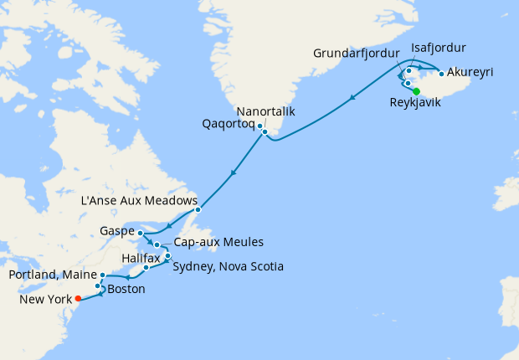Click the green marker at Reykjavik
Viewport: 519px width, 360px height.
point(416,91)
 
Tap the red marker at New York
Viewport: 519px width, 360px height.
point(78,297)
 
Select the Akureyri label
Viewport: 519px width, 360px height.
point(470,72)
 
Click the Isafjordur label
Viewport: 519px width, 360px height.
point(439,48)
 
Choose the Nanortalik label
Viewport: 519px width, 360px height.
point(265,111)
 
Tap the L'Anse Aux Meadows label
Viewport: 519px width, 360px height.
point(139,202)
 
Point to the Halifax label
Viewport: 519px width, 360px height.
point(140,259)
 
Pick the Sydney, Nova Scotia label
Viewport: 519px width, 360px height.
point(228,267)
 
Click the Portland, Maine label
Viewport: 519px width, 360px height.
point(50,275)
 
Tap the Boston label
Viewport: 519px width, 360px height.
point(126,289)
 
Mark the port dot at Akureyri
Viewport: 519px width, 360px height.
point(441,74)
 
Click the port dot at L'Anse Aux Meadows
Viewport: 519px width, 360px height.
point(197,209)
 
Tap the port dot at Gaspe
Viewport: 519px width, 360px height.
point(141,234)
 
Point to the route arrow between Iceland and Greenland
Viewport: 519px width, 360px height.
point(352,98)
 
